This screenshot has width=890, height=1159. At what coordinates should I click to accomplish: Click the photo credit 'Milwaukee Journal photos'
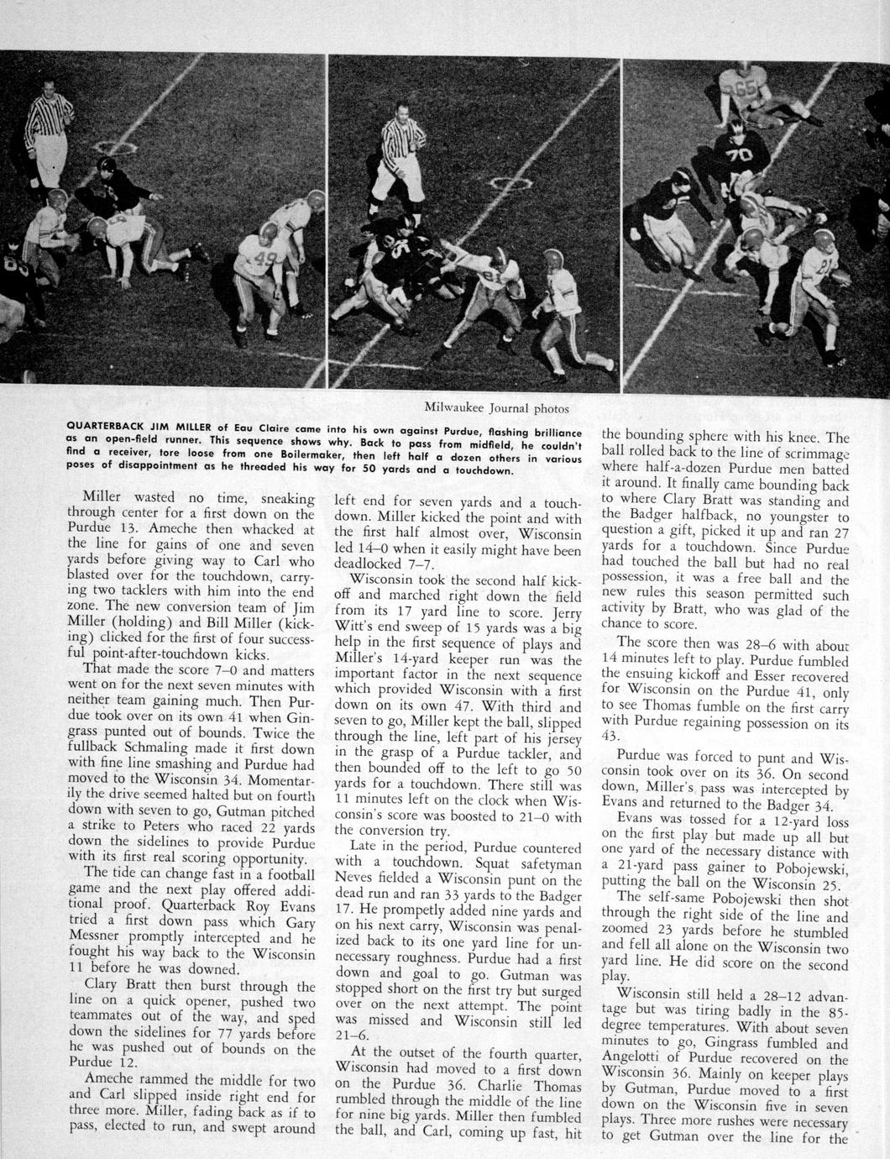pos(496,409)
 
